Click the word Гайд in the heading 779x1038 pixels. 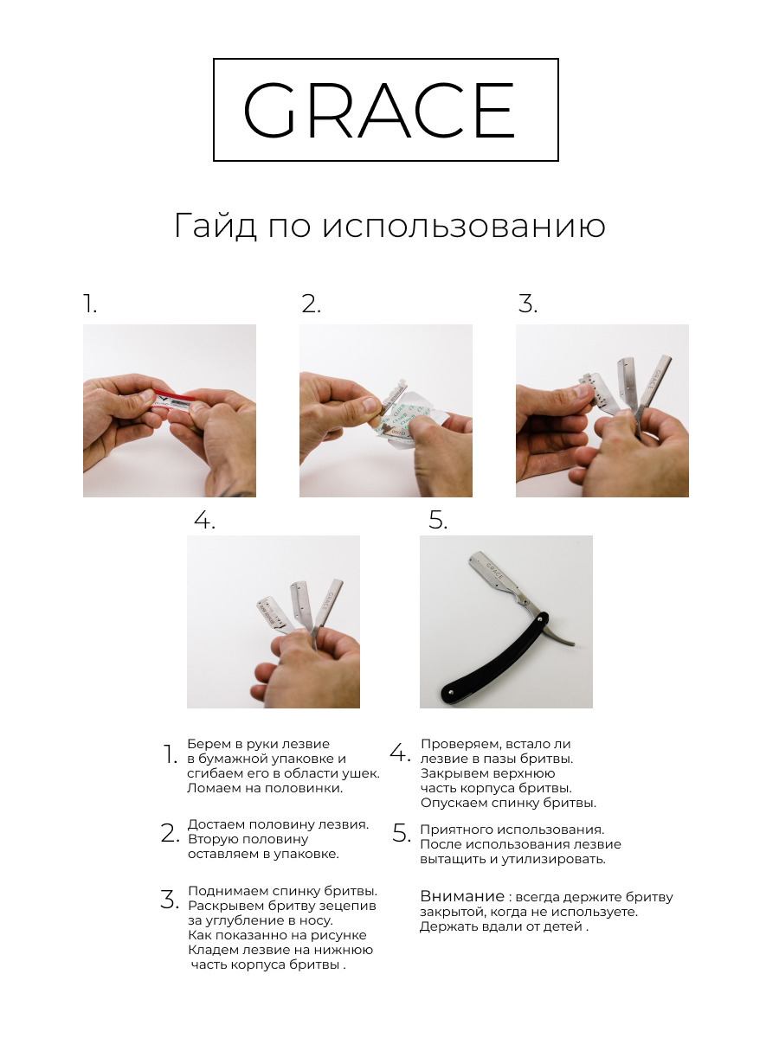tap(216, 227)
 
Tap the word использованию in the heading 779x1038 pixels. tap(464, 227)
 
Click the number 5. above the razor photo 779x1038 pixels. tap(438, 520)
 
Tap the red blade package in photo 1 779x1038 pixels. tap(171, 401)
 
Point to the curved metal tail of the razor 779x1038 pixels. tap(561, 632)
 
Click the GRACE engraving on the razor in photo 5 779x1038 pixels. tap(494, 571)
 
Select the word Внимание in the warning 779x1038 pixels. tap(462, 896)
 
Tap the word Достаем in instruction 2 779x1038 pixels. tap(216, 824)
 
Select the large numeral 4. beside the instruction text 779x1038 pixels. tap(400, 753)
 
